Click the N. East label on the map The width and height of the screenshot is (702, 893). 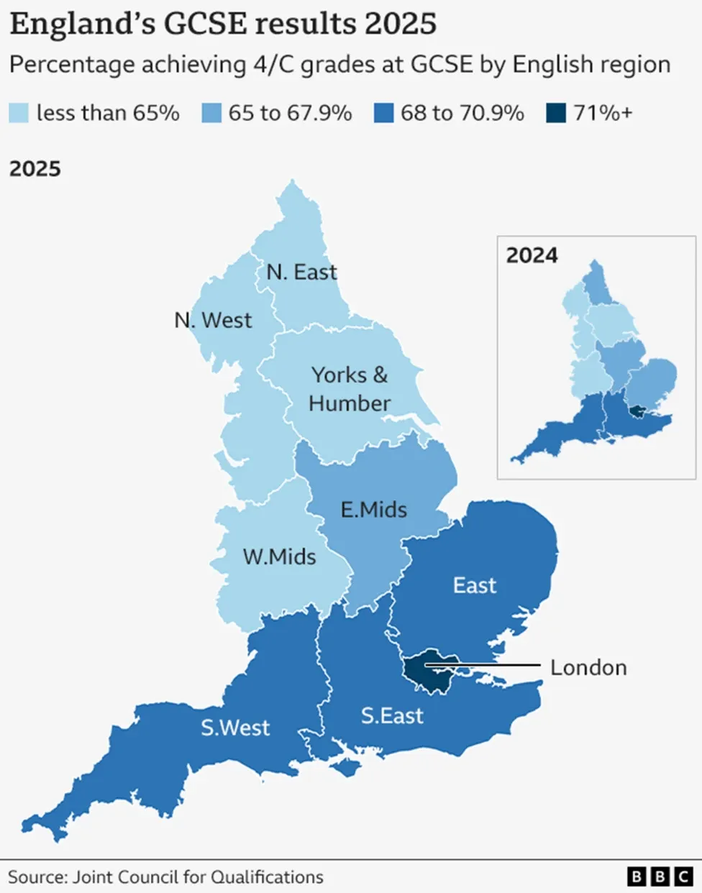[x=301, y=273]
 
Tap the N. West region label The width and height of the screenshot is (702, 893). [x=213, y=320]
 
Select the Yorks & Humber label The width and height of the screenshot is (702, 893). [x=350, y=389]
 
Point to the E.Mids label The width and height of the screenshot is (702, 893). [x=373, y=510]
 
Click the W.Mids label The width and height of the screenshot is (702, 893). [x=279, y=557]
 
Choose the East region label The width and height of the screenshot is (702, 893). [x=475, y=585]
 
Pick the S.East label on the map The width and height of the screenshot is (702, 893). [x=392, y=715]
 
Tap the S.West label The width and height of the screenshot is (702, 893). [x=235, y=728]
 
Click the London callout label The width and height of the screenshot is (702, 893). [x=588, y=667]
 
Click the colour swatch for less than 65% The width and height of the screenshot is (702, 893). [x=19, y=113]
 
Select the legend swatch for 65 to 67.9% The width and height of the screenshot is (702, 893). [x=211, y=113]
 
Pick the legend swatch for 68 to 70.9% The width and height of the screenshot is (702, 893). [x=383, y=113]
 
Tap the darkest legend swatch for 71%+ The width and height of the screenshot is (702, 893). [x=556, y=113]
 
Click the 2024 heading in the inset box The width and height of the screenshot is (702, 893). [x=532, y=255]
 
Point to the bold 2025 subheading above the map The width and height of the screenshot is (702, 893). [x=35, y=169]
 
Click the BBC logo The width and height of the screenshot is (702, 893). [x=660, y=876]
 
